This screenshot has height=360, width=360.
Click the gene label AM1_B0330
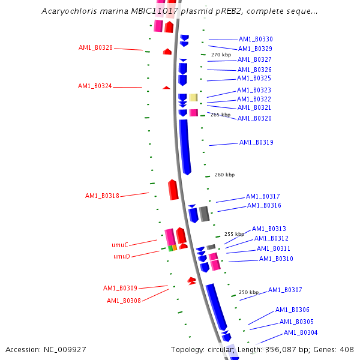(256, 39)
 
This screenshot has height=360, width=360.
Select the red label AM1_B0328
(95, 47)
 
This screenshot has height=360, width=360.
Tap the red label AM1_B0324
(95, 86)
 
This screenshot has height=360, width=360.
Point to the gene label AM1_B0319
(256, 143)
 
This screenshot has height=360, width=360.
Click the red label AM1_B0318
(102, 196)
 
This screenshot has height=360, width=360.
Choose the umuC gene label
(120, 245)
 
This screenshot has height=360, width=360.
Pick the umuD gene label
(122, 256)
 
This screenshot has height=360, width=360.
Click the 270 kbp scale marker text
(221, 55)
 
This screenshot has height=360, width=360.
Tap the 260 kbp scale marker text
(224, 175)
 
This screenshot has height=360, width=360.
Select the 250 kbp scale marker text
(248, 292)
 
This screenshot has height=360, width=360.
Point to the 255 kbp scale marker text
(234, 234)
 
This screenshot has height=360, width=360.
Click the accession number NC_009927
(46, 349)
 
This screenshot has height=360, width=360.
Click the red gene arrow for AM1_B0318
(173, 190)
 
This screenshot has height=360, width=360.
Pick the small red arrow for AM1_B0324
(166, 88)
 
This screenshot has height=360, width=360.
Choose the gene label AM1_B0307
(285, 290)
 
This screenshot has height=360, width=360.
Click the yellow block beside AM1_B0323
(193, 97)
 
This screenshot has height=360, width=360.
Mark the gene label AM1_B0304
(301, 332)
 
